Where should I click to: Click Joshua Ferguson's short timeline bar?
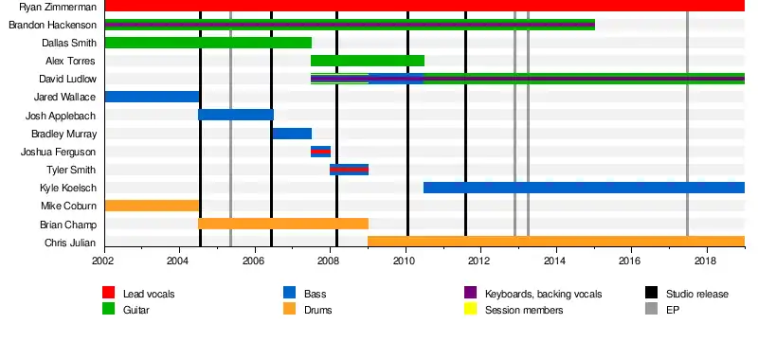point(320,152)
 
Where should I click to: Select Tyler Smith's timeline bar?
point(349,170)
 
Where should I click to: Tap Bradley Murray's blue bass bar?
point(292,134)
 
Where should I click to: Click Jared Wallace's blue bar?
point(152,97)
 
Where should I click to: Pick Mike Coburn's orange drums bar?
point(152,206)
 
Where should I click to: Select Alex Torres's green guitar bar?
point(368,61)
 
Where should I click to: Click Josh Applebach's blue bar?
point(236,115)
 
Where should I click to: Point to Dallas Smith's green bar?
point(208,43)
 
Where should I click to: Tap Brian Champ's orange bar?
point(283,224)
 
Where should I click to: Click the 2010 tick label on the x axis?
point(406,261)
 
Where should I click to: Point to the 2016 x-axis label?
point(631,261)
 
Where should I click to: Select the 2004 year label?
point(180,261)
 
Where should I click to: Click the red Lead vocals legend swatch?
point(108,293)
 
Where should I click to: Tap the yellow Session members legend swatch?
point(470,309)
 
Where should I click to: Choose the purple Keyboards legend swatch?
point(470,293)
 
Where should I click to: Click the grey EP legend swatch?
point(652,309)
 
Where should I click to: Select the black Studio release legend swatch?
point(652,293)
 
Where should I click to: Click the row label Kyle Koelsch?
point(68,188)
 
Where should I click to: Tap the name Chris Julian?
point(70,243)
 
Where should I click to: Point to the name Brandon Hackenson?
point(53,25)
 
